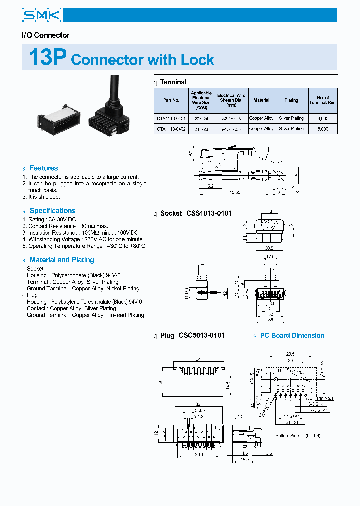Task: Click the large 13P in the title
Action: point(47,58)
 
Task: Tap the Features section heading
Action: point(43,168)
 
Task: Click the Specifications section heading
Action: point(52,211)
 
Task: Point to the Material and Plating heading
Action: point(62,260)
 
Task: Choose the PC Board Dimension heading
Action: point(292,335)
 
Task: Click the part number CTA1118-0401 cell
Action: point(171,119)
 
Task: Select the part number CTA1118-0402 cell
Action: point(171,129)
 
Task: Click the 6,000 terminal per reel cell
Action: point(323,119)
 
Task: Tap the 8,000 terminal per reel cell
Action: point(323,129)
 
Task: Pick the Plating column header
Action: point(291,100)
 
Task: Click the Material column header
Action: point(261,100)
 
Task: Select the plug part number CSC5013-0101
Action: point(201,335)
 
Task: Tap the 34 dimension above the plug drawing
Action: point(198,359)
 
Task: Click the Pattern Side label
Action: point(286,436)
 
